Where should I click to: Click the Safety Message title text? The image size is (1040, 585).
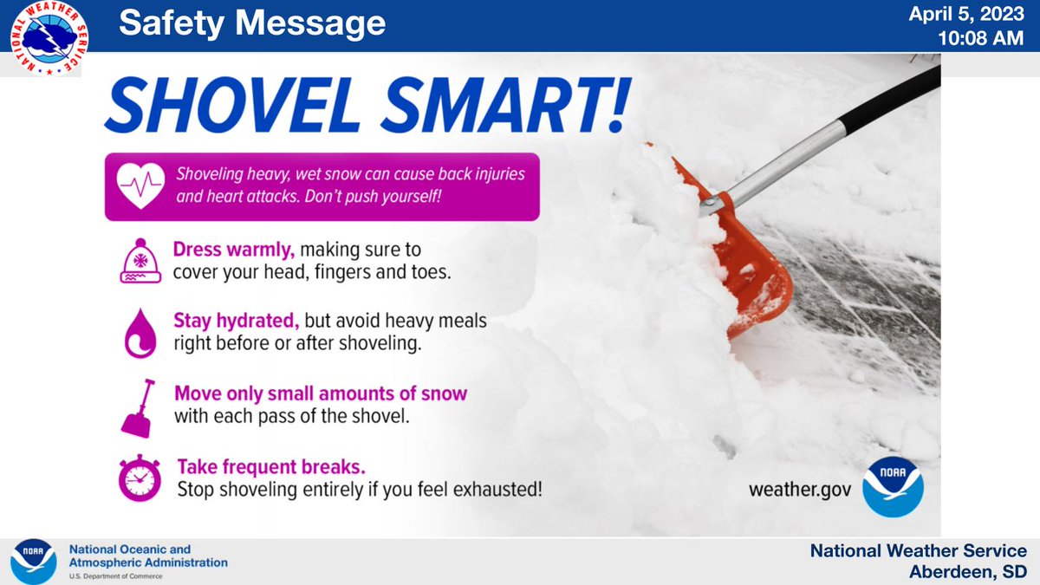pos(252,24)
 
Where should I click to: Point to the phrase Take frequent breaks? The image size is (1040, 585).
pos(254,465)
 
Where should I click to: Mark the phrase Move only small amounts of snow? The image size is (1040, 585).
pos(322,393)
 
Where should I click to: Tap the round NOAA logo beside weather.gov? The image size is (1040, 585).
pos(893,486)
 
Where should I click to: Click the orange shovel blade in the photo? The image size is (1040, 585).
pos(754,269)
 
